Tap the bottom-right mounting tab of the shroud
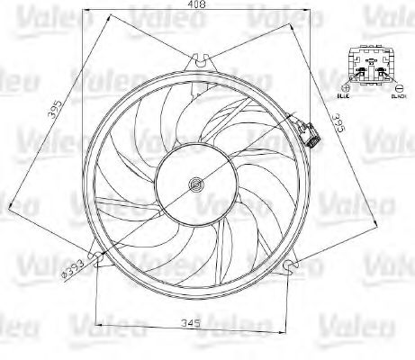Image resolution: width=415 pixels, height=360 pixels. point(290,265)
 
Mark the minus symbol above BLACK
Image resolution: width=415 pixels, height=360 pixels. point(396,88)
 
